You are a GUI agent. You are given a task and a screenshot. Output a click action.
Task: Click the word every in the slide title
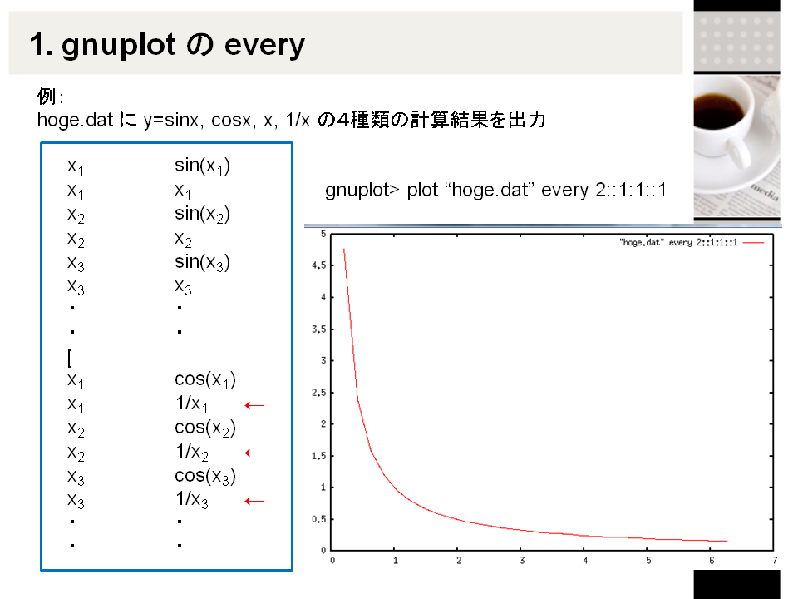coord(264,46)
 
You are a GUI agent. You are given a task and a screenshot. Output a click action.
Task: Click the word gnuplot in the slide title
coord(119,46)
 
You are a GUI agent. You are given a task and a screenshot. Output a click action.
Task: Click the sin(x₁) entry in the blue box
coord(202,166)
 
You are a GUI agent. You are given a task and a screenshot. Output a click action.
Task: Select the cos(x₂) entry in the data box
coord(205,428)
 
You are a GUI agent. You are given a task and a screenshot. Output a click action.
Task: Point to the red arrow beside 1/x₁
coord(254,405)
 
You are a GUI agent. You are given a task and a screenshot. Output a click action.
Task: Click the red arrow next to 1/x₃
coord(254,501)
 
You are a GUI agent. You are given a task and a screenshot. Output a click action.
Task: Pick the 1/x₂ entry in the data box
coord(192,452)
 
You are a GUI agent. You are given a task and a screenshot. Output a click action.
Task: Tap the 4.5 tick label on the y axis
coord(318,265)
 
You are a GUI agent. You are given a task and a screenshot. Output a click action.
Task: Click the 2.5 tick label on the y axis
coord(318,393)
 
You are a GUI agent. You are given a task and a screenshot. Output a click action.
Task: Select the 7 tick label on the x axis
coord(775,560)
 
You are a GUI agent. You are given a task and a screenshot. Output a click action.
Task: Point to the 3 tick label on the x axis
coord(522,560)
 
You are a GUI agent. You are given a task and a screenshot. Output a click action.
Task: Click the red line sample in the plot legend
coord(753,243)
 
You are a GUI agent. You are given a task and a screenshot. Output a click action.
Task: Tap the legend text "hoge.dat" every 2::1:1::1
coord(678,242)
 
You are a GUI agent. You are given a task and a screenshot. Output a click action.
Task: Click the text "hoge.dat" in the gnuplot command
coord(490,190)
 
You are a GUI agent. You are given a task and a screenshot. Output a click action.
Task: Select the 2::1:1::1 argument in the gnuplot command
coord(631,190)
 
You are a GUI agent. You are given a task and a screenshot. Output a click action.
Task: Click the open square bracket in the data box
coord(70,358)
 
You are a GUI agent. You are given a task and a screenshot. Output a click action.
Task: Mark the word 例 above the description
coord(47,96)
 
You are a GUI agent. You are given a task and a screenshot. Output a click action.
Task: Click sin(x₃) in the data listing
coord(202,262)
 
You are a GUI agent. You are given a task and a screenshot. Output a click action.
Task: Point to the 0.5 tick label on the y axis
coord(318,519)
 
